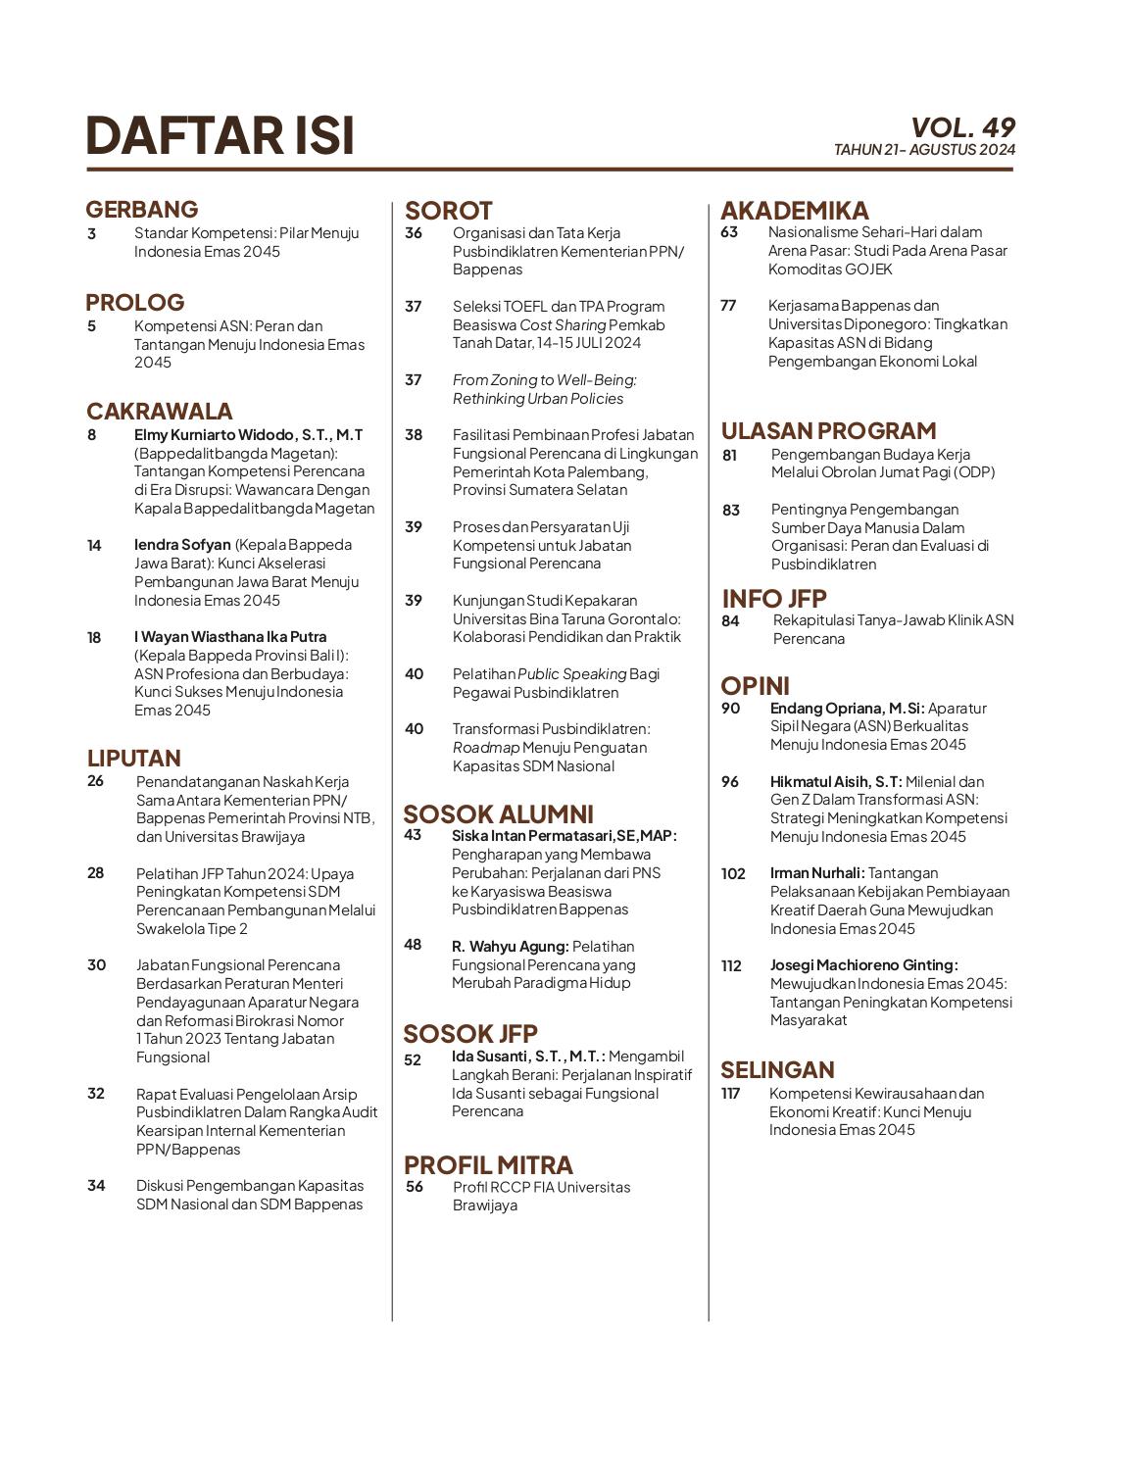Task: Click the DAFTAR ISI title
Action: click(220, 135)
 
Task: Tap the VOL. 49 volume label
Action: click(962, 127)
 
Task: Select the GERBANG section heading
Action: click(142, 209)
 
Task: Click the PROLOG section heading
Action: click(135, 302)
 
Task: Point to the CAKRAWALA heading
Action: click(160, 411)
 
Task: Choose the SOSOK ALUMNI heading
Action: click(498, 814)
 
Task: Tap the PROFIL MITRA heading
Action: click(488, 1164)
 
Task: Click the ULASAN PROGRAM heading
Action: click(828, 430)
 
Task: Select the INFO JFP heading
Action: click(774, 598)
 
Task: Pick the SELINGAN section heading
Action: click(777, 1069)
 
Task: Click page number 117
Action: click(730, 1094)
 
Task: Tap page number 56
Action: click(415, 1187)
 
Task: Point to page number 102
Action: click(733, 873)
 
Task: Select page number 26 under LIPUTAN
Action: click(95, 781)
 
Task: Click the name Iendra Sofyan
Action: click(182, 545)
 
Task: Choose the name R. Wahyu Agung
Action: click(510, 947)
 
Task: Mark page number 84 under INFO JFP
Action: click(730, 620)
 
